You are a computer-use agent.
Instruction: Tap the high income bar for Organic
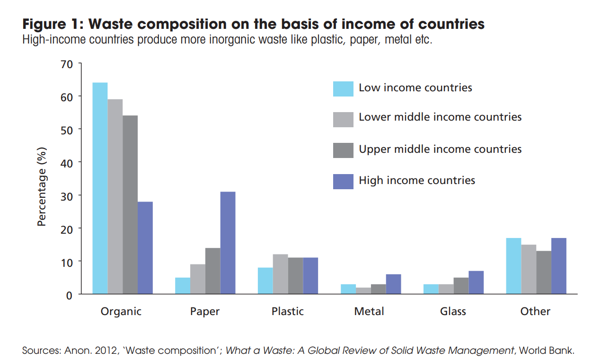pyautogui.click(x=145, y=248)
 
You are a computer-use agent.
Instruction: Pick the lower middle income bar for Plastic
pyautogui.click(x=281, y=274)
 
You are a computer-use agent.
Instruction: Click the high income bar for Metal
pyautogui.click(x=393, y=284)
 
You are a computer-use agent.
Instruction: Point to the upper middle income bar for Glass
pyautogui.click(x=461, y=286)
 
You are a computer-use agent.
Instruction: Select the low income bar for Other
pyautogui.click(x=513, y=266)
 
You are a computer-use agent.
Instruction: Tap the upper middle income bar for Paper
pyautogui.click(x=212, y=271)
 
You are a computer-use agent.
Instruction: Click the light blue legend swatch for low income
pyautogui.click(x=343, y=88)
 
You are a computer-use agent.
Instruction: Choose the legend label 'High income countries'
pyautogui.click(x=417, y=180)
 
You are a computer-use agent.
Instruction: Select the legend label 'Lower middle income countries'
pyautogui.click(x=440, y=117)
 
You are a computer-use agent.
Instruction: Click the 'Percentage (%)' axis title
pyautogui.click(x=43, y=186)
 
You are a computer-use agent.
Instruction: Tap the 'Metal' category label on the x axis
pyautogui.click(x=369, y=311)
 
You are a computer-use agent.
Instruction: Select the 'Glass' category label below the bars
pyautogui.click(x=453, y=311)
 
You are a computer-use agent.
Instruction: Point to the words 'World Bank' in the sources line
pyautogui.click(x=546, y=351)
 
